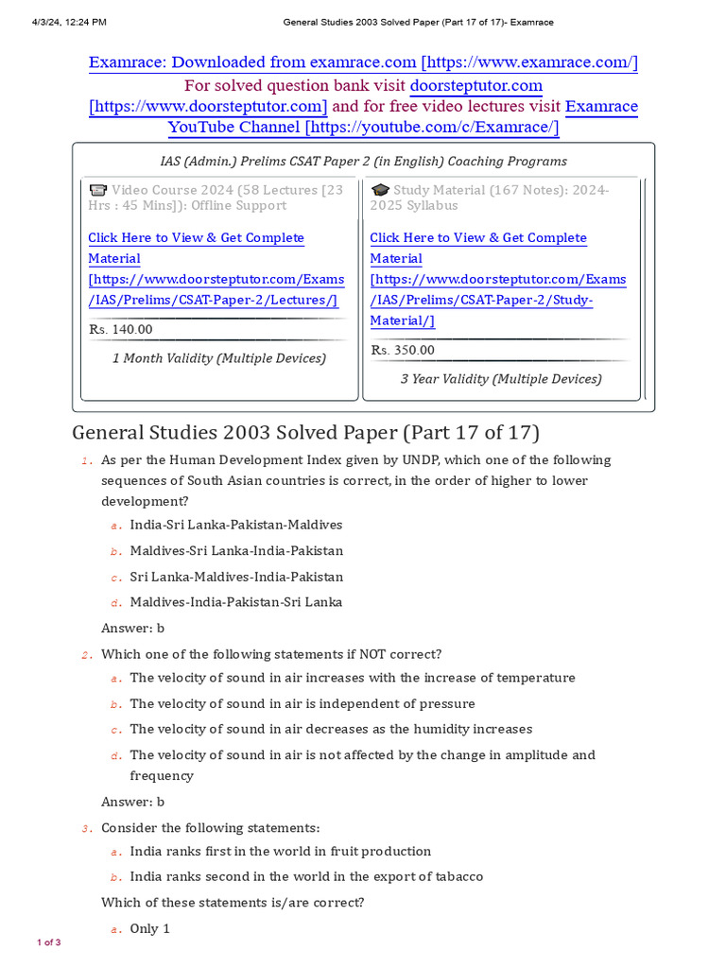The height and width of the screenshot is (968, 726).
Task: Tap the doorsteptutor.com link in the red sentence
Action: coord(475,85)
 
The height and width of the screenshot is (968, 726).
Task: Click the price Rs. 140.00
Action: coord(120,329)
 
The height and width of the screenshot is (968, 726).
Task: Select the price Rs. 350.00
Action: coord(403,350)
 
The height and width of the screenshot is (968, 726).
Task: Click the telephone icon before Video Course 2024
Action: coord(97,190)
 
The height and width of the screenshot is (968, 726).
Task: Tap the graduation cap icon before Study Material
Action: coord(380,190)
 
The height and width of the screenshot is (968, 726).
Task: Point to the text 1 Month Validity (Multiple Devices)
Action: coord(219,358)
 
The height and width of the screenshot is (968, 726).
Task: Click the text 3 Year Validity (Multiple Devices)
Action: coord(501,379)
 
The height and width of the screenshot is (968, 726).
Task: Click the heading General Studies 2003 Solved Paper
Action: coord(305,432)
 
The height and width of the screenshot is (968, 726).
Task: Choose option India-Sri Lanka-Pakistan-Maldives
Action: coord(235,525)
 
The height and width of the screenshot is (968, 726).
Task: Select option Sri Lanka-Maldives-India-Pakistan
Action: coord(236,577)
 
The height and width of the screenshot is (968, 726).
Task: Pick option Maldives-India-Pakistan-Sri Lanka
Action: coord(235,602)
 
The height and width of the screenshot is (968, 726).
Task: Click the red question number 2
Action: coord(85,655)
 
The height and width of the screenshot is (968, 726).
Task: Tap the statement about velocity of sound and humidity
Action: coord(331,729)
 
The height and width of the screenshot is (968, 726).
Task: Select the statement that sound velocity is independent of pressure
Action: coord(302,703)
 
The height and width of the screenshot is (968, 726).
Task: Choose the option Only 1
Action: coord(149,928)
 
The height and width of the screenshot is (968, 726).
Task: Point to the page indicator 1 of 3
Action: coord(49,942)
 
